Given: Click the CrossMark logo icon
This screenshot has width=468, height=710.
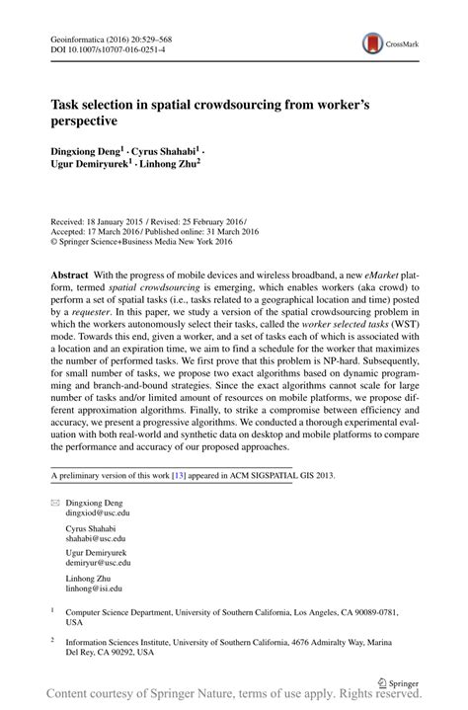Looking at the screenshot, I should click(373, 42).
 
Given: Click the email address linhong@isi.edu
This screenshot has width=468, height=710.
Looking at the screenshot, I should click(94, 589).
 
